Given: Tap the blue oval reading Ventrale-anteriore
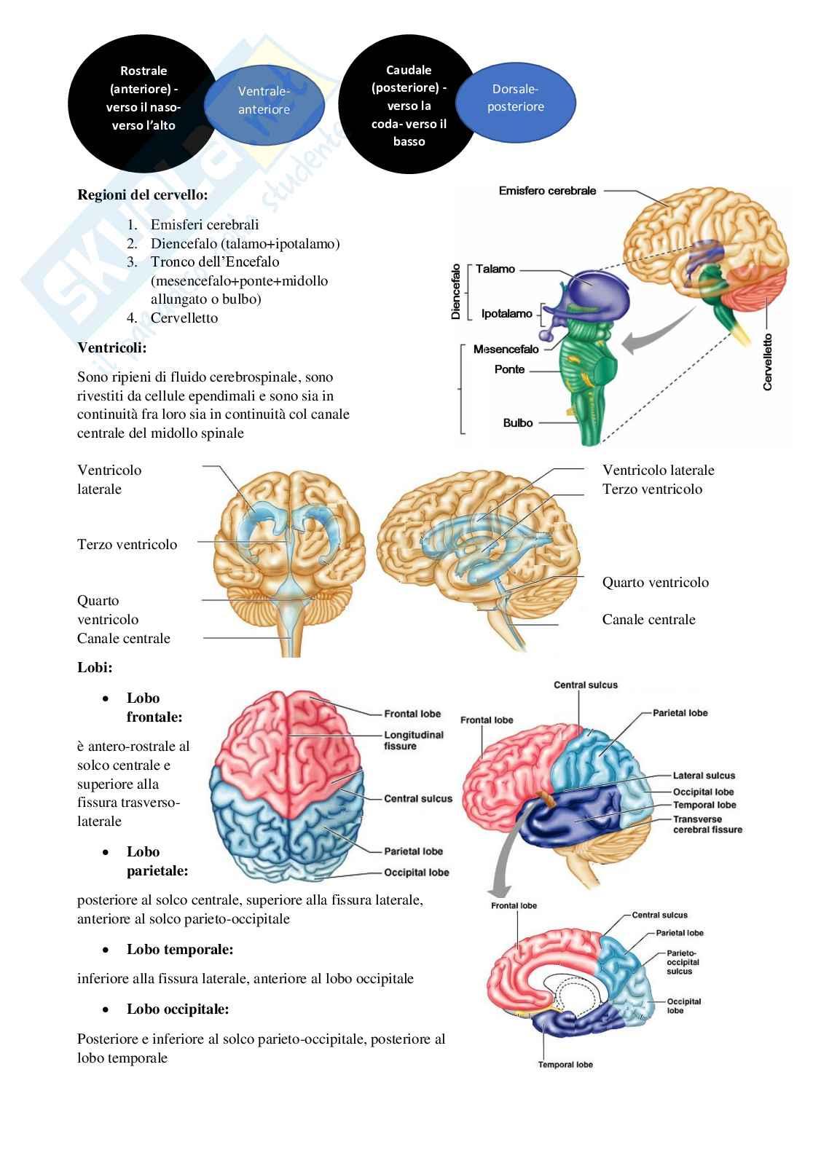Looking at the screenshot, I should (264, 100).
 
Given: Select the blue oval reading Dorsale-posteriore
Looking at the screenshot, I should (516, 98).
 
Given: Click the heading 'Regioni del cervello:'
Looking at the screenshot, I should (142, 195).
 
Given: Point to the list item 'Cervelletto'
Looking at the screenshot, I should (184, 318).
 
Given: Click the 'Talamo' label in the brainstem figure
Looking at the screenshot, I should (495, 269).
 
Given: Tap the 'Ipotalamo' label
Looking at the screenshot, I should (506, 314).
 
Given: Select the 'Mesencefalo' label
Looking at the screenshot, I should (506, 349).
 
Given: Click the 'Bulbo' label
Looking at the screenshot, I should (517, 422).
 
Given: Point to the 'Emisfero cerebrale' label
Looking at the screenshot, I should (547, 191).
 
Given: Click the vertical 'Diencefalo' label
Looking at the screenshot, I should (456, 291).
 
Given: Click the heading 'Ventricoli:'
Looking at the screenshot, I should (111, 348).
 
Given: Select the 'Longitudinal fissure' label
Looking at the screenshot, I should (414, 740).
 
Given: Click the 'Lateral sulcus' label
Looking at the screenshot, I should (704, 776).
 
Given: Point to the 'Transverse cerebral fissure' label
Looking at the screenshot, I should (707, 824).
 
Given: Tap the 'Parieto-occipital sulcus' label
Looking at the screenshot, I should (683, 961).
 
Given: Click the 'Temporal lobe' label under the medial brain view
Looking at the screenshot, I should (565, 1065).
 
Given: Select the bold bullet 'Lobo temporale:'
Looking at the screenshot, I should (180, 950).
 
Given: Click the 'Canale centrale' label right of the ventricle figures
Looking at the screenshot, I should (648, 620).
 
